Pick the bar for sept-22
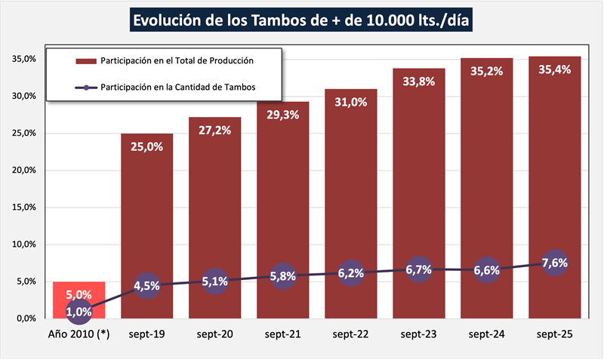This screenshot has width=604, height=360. pos(350,189)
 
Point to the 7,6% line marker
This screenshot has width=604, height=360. pos(554,263)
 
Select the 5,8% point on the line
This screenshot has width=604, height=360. pos(282,276)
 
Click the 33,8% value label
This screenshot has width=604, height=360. pos(418,82)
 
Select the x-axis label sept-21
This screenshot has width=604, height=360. pos(282,334)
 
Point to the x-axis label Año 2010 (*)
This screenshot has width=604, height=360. pos(79,334)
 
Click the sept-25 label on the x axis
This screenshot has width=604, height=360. pos(554,334)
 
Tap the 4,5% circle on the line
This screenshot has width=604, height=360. pos(146,285)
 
